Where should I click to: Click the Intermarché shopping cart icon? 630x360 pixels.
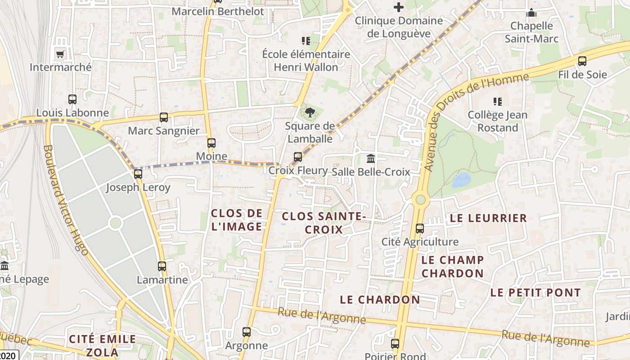[60, 54]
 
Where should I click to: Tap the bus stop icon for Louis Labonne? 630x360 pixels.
[72, 99]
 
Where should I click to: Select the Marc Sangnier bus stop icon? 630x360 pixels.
[164, 117]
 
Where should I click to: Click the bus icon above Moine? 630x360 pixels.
[211, 143]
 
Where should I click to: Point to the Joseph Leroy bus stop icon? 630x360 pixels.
[138, 174]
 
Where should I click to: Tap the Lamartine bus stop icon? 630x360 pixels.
[162, 266]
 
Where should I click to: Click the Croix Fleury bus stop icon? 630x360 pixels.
[297, 157]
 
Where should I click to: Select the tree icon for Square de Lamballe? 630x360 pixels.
[310, 112]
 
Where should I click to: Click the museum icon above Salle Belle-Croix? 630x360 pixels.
[371, 158]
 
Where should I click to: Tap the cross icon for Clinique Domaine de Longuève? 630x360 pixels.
[399, 7]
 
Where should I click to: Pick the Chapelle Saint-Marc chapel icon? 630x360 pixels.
[531, 13]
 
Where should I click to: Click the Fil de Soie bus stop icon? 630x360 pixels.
[582, 61]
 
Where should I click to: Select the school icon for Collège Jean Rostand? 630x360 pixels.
[497, 102]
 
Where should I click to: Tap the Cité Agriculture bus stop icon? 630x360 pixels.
[420, 229]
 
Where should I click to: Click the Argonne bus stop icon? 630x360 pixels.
[246, 332]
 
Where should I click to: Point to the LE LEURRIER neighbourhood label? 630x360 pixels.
[488, 218]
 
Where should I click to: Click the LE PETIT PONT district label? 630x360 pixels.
[535, 292]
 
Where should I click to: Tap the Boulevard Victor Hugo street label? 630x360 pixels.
[66, 200]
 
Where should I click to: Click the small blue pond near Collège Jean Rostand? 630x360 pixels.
[461, 180]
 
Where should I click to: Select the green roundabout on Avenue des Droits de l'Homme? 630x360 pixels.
[421, 199]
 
